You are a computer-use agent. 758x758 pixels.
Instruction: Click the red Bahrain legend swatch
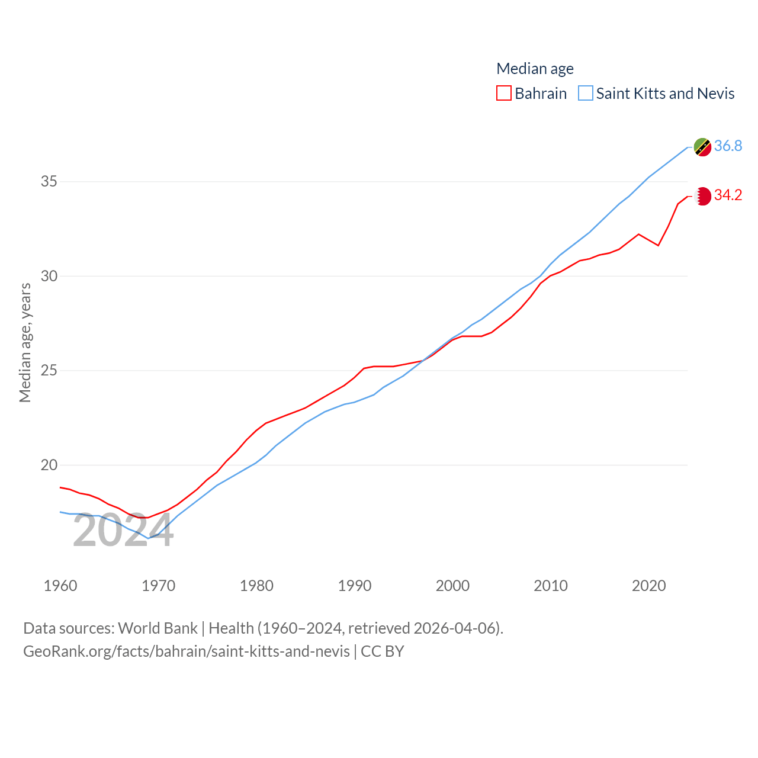pos(504,94)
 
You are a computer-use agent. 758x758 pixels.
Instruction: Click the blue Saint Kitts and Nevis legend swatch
pos(586,94)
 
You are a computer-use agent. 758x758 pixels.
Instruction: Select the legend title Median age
pos(535,69)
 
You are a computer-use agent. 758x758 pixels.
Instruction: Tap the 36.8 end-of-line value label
pos(728,146)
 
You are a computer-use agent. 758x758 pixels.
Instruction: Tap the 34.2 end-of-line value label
pos(728,195)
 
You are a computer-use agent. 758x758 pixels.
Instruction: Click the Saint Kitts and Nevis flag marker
pos(702,147)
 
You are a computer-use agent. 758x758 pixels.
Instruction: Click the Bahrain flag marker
pos(702,196)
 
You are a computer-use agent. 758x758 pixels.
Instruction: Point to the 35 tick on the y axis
pos(49,181)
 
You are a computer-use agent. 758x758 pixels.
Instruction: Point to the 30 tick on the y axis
pos(49,276)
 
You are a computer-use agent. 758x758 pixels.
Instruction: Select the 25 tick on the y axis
pos(49,371)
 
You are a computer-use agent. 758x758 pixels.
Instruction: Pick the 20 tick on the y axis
pos(49,465)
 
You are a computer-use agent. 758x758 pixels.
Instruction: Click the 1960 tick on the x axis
pos(60,586)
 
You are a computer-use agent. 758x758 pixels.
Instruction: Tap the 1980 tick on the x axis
pos(256,586)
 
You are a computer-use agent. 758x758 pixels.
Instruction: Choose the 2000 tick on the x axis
pos(452,586)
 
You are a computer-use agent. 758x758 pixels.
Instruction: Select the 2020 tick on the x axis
pos(649,586)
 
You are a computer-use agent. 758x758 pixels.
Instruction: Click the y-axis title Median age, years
pos(25,343)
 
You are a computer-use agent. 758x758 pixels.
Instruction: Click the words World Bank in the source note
pos(158,628)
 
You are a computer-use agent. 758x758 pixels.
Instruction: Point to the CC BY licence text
pos(382,651)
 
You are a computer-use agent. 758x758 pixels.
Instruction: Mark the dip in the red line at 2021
pos(659,245)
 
